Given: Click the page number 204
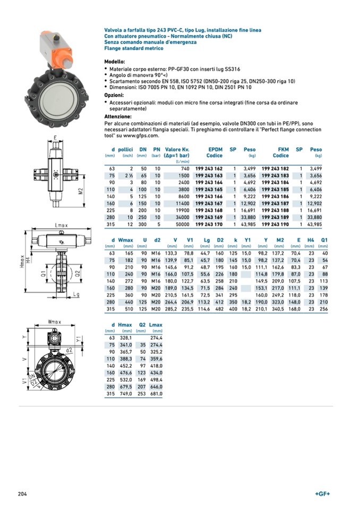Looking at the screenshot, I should pyautogui.click(x=22, y=494).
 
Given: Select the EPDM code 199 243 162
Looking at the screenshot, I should pyautogui.click(x=209, y=168).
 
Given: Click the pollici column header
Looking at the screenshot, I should pyautogui.click(x=125, y=150).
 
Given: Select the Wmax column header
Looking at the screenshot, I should pyautogui.click(x=126, y=240).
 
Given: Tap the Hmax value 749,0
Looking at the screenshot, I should pyautogui.click(x=125, y=394).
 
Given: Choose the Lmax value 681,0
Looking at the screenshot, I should pyautogui.click(x=156, y=394).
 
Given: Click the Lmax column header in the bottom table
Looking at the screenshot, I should pyautogui.click(x=156, y=325).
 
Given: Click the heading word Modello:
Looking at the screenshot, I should pyautogui.click(x=115, y=62).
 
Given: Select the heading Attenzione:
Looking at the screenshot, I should pyautogui.click(x=118, y=116).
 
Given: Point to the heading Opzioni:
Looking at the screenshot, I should pyautogui.click(x=115, y=94).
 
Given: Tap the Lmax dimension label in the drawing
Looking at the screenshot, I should pyautogui.click(x=61, y=226).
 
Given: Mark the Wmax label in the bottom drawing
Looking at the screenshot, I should pyautogui.click(x=55, y=322).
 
